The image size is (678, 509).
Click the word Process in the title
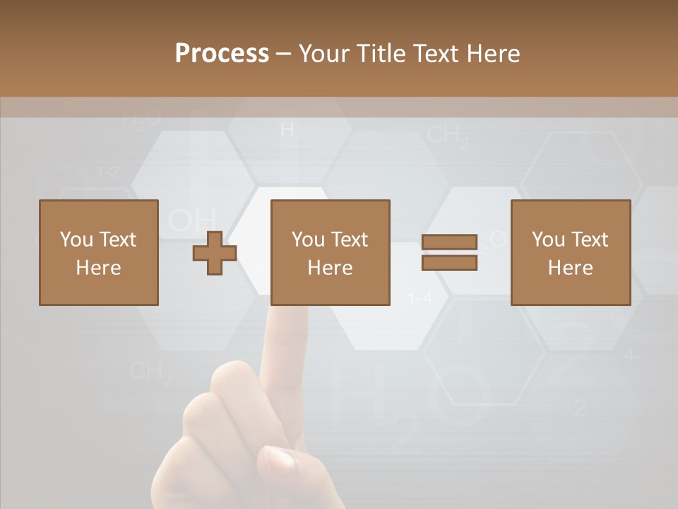point(222,54)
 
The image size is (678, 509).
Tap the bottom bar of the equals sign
point(449,263)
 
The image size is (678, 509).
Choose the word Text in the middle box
point(350,240)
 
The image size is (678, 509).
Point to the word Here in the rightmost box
point(570,268)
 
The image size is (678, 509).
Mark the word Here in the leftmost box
point(98,268)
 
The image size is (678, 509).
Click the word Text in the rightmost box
point(590,240)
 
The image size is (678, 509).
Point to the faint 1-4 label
point(420,299)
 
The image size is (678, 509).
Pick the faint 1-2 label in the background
point(107,172)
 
